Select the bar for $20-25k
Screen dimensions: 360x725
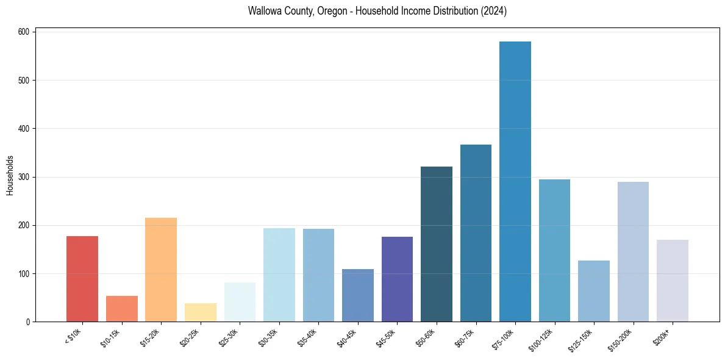pyautogui.click(x=201, y=312)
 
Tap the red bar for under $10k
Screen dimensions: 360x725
pyautogui.click(x=82, y=279)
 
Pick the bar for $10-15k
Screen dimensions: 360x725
pyautogui.click(x=122, y=309)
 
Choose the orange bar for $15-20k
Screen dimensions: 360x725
pyautogui.click(x=161, y=270)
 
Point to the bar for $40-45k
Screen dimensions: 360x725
pyautogui.click(x=358, y=295)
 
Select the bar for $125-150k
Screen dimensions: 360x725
pyautogui.click(x=594, y=291)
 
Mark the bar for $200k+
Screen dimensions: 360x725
pyautogui.click(x=673, y=281)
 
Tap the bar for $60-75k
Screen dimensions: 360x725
pyautogui.click(x=476, y=233)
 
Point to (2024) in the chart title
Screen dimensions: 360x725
pyautogui.click(x=495, y=12)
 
